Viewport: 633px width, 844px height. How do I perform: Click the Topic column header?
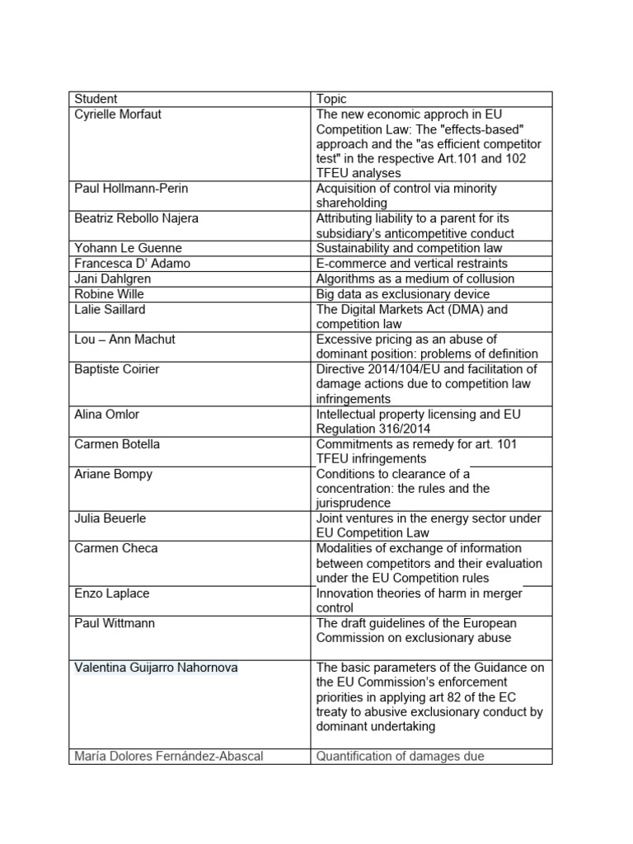pos(331,99)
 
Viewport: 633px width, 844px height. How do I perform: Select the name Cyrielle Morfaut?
pos(118,114)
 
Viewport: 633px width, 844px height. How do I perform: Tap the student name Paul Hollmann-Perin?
pos(131,189)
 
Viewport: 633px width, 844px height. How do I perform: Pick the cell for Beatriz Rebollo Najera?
pos(136,218)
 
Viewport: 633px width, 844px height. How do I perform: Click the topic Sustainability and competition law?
pos(409,248)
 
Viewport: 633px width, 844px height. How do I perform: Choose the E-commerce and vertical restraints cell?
pos(411,264)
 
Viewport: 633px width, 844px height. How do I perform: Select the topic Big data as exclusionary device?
pos(402,293)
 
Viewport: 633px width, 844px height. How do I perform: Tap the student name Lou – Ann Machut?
pos(124,339)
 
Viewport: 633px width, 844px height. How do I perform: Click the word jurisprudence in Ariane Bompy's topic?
pos(354,503)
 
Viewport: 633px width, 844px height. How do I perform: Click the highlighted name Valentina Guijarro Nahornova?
pos(156,668)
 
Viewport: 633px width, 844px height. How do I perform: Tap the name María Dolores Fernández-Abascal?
pos(168,756)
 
